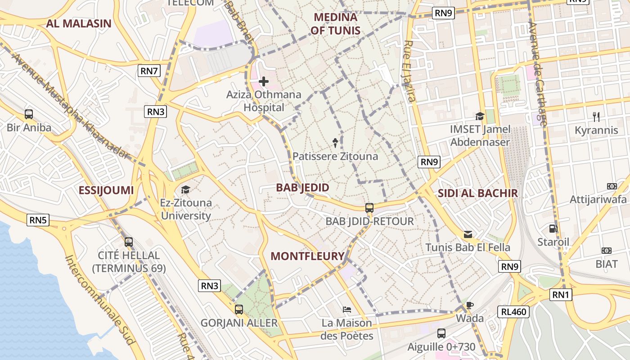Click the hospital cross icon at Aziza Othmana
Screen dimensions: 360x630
264,81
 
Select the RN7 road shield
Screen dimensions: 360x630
149,70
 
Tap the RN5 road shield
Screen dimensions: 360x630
38,220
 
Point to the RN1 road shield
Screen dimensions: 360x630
561,295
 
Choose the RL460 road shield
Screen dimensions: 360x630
513,311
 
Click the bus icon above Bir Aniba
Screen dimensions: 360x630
29,114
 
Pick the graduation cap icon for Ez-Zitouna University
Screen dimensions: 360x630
185,189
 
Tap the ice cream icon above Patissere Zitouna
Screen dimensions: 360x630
335,143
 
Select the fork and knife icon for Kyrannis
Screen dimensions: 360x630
596,117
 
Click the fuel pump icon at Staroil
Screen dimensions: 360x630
553,229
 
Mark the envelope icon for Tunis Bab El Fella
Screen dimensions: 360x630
468,234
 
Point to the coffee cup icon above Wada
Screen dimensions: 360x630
470,305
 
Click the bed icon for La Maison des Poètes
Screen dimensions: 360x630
346,310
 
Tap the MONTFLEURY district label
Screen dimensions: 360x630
307,256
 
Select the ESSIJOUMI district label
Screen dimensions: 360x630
106,190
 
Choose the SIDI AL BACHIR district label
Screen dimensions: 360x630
478,193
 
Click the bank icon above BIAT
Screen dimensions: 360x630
607,250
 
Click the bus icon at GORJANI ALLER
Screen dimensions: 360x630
239,310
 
